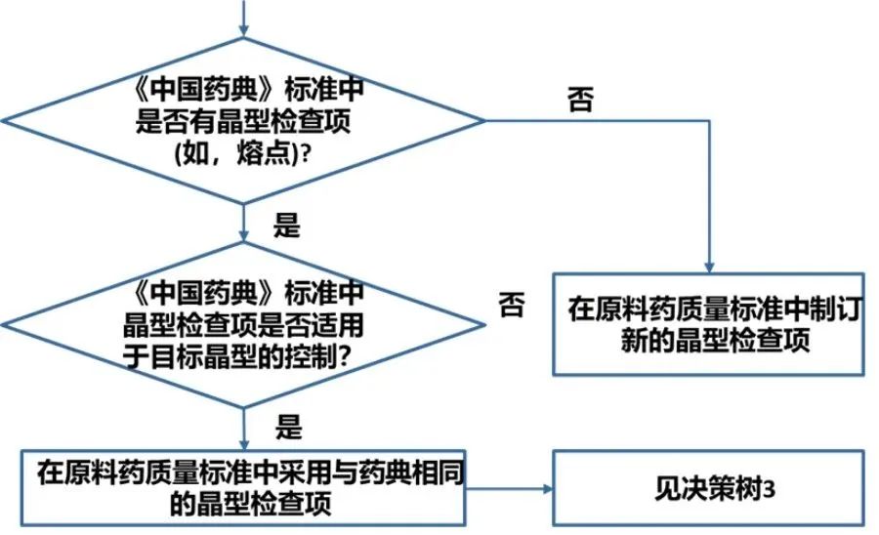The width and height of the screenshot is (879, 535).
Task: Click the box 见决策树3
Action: click(x=708, y=486)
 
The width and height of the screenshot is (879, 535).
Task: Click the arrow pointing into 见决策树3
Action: click(x=518, y=486)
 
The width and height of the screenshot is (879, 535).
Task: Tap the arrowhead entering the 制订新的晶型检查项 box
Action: click(x=710, y=267)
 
